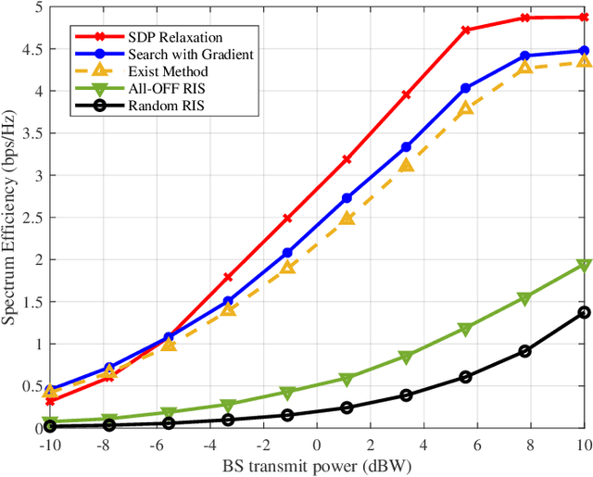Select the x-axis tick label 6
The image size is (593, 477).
coord(477,443)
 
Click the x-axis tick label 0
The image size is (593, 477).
coord(316,443)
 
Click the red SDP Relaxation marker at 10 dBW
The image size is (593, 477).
coord(584,17)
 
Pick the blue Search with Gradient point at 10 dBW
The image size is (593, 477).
coord(584,51)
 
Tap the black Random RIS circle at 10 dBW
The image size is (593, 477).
coord(584,312)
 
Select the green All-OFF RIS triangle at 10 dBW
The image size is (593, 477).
coord(584,265)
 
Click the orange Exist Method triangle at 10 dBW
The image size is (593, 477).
coord(584,60)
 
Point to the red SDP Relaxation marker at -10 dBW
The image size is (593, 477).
coord(50,401)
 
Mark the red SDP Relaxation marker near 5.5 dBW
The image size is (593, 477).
coord(466,30)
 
